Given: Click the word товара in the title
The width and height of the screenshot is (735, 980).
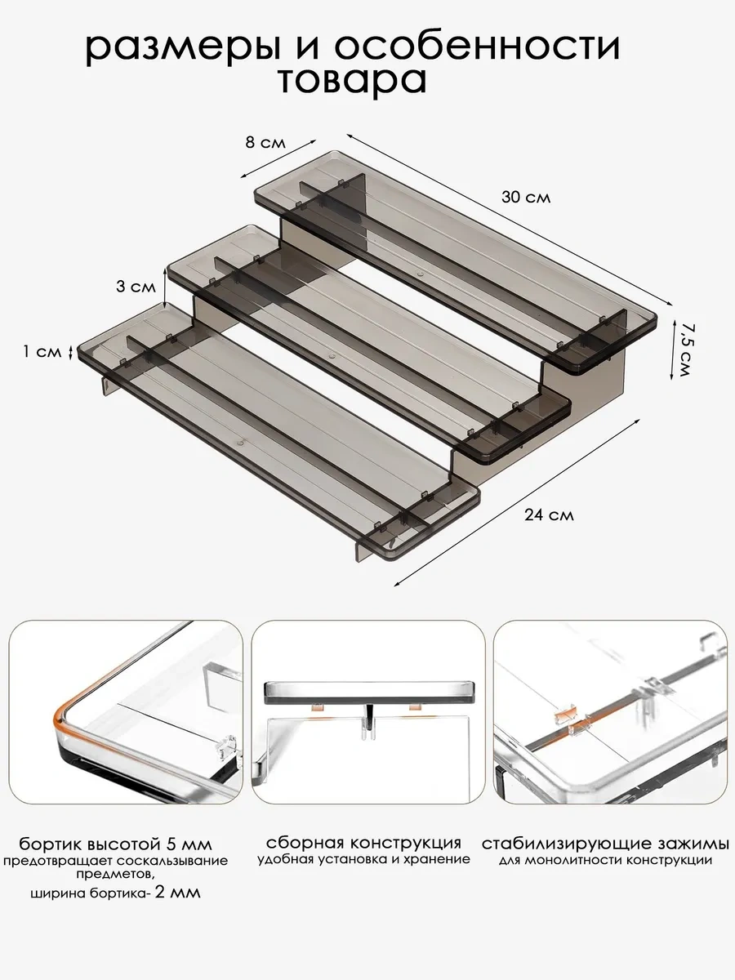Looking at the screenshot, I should point(351,81).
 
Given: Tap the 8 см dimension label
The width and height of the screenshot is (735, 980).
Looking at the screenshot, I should point(265,142).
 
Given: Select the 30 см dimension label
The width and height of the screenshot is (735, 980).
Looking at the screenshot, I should point(526,198).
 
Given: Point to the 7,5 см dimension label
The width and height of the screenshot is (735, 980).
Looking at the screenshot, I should point(684,349).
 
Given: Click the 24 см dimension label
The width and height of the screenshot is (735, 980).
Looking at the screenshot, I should point(549,514).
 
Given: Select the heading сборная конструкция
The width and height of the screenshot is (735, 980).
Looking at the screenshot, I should point(363,843).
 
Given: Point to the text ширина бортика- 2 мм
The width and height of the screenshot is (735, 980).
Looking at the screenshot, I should point(114,893).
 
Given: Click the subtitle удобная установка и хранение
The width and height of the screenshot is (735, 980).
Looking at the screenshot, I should point(363,859).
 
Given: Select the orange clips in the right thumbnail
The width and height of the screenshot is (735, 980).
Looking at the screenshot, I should point(572,719).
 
